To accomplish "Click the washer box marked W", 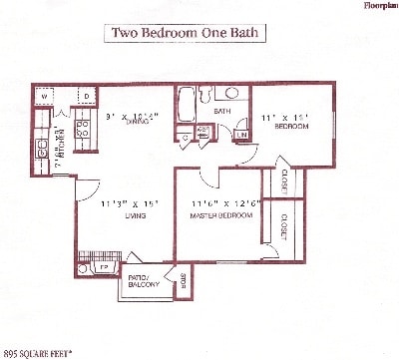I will tap(43, 97).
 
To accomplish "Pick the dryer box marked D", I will tap(87, 97).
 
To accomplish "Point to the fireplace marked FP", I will tap(103, 267).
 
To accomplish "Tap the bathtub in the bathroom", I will tap(188, 107).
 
